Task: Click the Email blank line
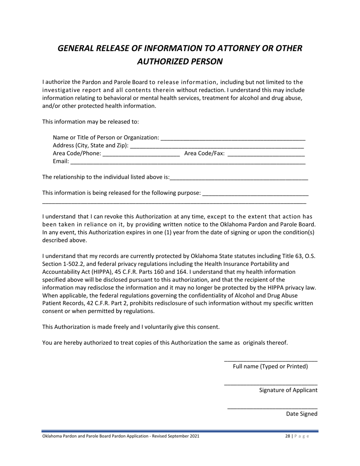coord(188,162)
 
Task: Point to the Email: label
coord(61,162)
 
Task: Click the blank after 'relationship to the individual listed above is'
coord(239,177)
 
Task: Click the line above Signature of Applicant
coord(271,385)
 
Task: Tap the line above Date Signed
coord(272,408)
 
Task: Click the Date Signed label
coord(302,414)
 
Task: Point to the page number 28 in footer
coord(287,436)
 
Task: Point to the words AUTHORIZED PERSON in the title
coord(180,61)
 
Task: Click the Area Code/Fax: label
coord(204,154)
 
